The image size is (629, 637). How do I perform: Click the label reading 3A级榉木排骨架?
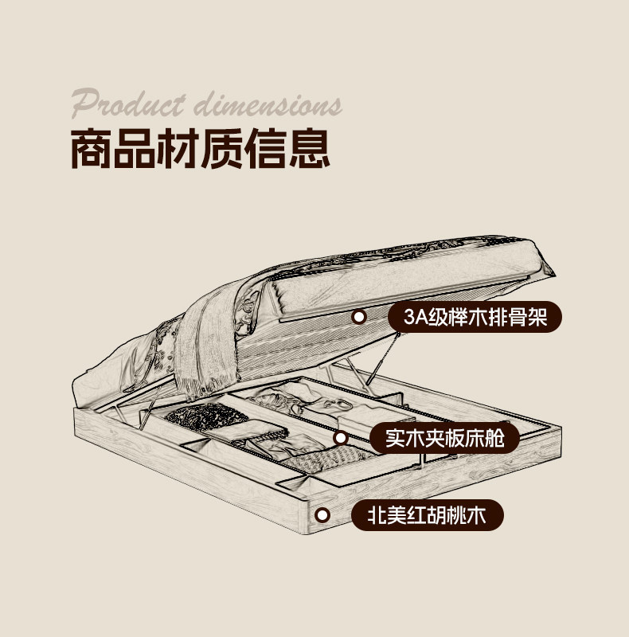(x=475, y=317)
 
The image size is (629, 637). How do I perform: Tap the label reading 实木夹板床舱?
(x=444, y=437)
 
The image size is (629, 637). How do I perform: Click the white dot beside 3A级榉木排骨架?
(x=359, y=317)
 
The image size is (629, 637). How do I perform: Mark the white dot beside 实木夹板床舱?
(x=340, y=437)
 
